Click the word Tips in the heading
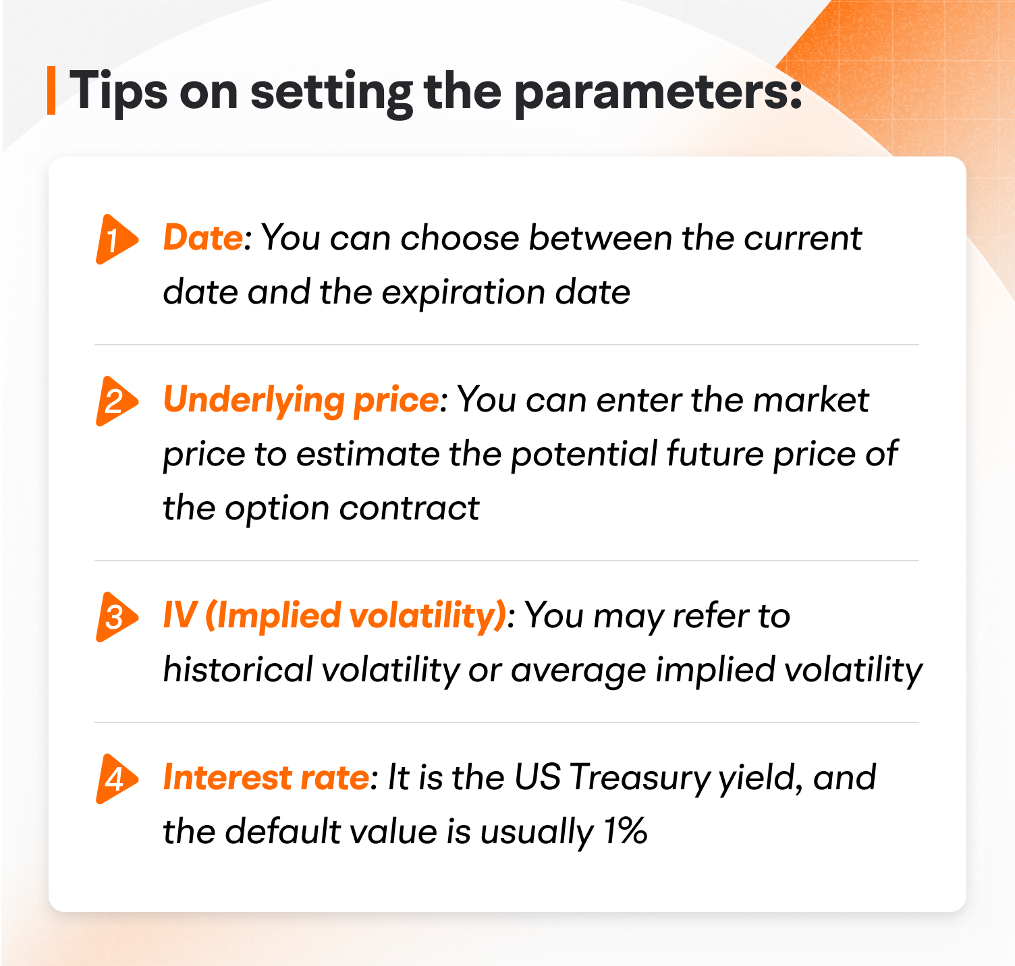pos(118,91)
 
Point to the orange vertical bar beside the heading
pos(51,90)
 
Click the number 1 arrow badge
pos(115,239)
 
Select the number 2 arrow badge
pos(115,401)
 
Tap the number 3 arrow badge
pos(115,617)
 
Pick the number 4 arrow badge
pos(115,778)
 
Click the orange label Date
pos(202,238)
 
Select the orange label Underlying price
pos(301,401)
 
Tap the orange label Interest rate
pos(266,778)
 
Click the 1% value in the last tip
pos(626,832)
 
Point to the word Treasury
pos(639,778)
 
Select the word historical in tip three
pos(238,670)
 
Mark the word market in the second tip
pos(810,400)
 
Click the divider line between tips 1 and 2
pos(506,345)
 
